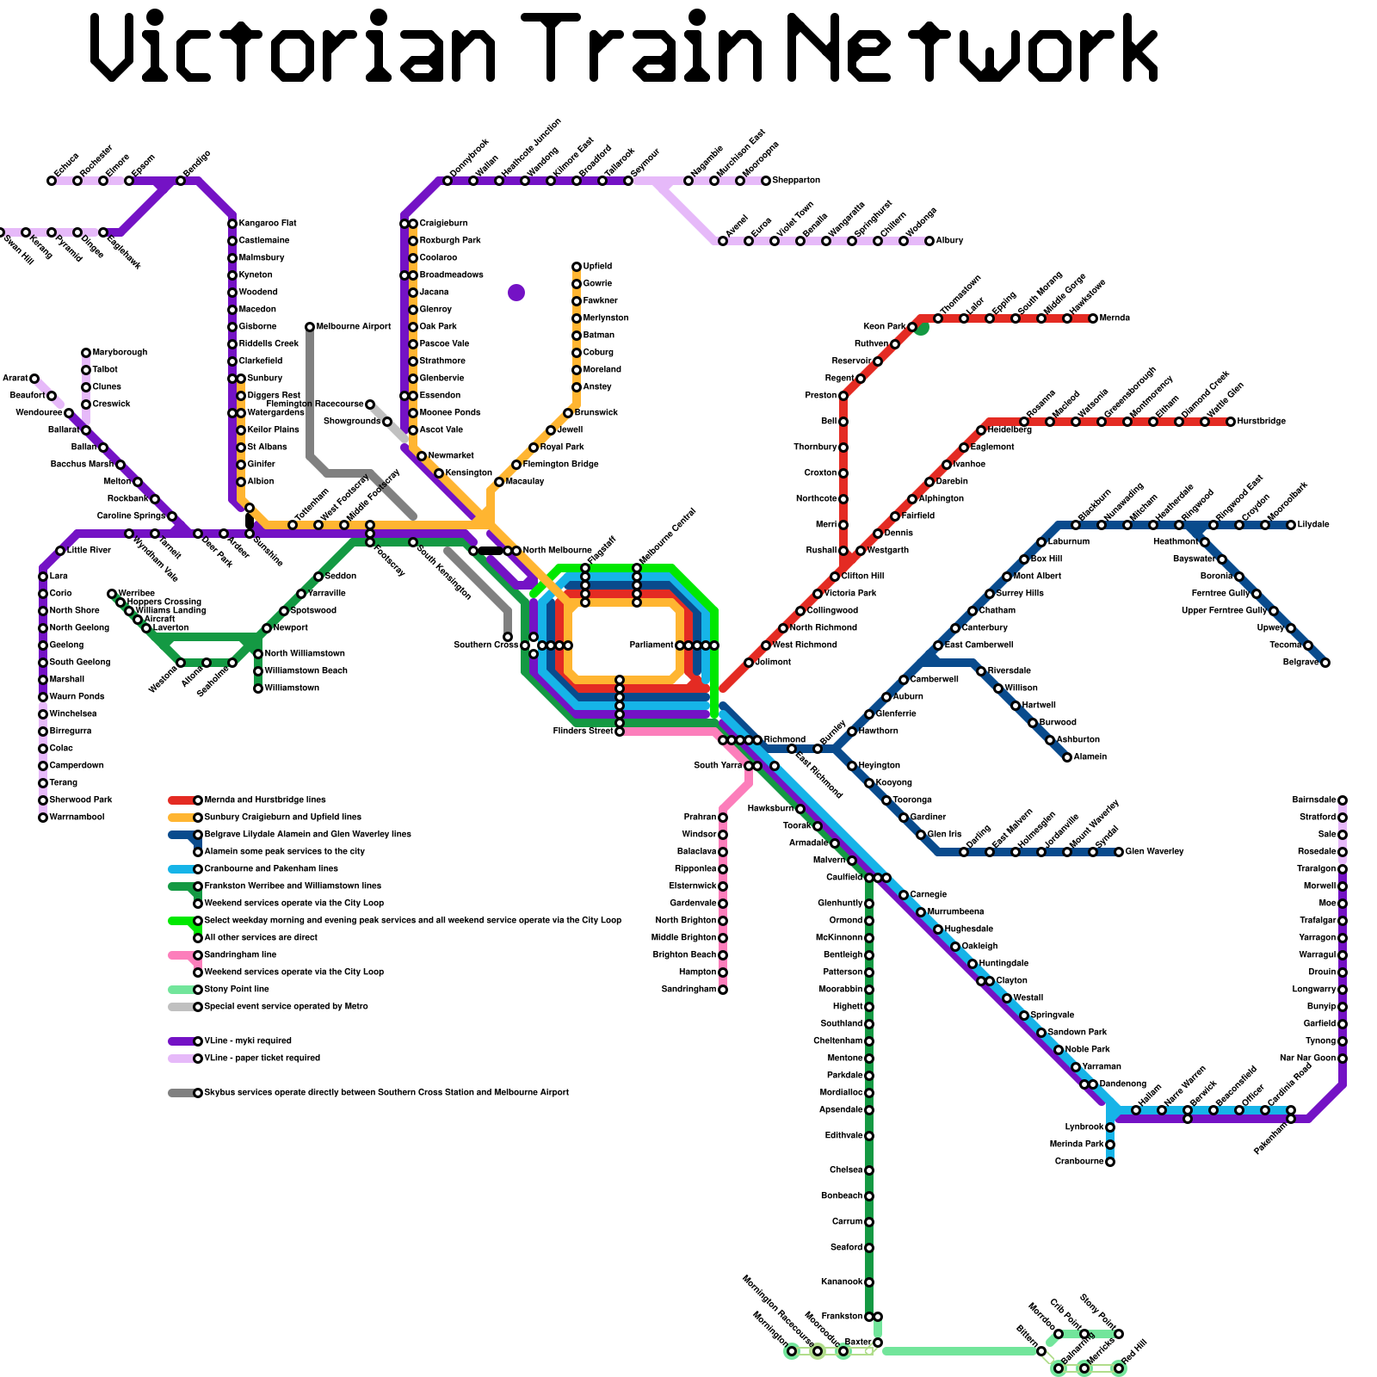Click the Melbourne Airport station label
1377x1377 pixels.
pos(354,327)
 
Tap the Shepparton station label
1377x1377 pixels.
pos(796,181)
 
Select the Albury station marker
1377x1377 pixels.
pos(929,241)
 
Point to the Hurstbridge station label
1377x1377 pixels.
pos(1262,422)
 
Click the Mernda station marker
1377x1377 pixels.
pos(1093,318)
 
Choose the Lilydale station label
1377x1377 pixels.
pos(1313,525)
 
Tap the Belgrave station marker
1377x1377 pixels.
pos(1325,663)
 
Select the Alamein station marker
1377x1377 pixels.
pos(1067,757)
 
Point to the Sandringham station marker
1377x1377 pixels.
pos(723,990)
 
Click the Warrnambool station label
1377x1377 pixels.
pos(77,818)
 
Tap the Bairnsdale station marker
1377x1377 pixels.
pos(1343,800)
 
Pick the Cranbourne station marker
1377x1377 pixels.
pos(1110,1162)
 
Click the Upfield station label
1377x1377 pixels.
pos(597,267)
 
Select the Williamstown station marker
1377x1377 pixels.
pos(258,688)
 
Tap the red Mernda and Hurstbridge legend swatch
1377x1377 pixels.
pos(182,800)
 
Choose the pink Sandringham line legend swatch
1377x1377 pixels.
pos(182,955)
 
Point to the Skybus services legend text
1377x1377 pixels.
pos(386,1093)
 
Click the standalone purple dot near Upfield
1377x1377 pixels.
pos(516,293)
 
